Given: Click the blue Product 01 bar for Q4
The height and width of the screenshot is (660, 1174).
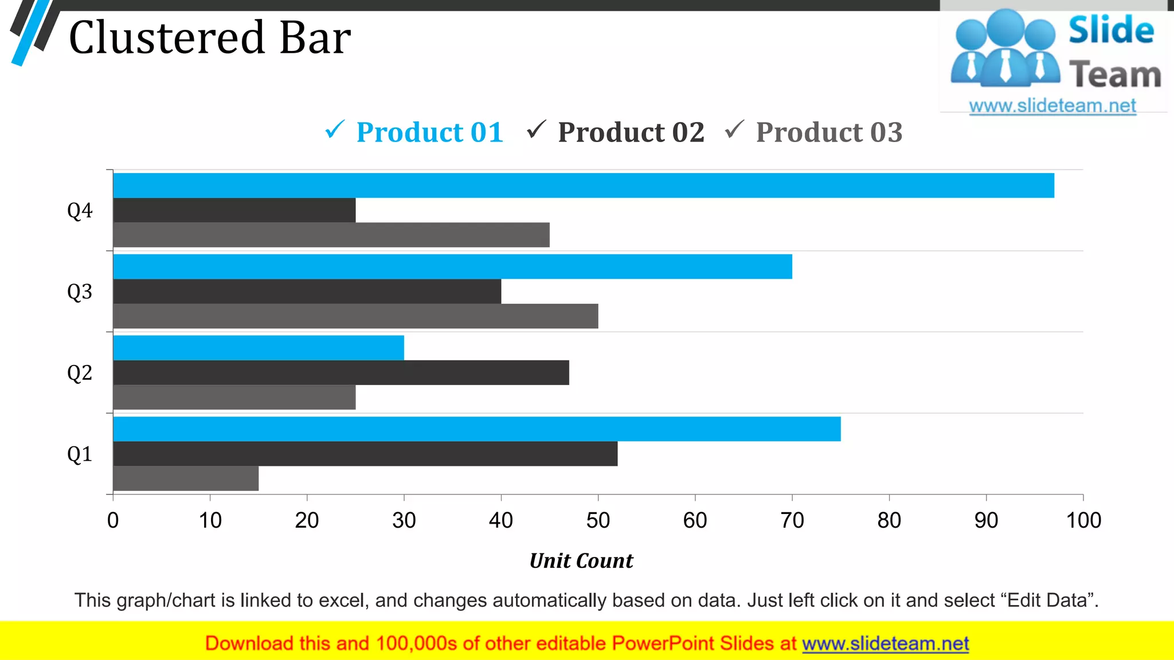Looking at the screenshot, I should (584, 186).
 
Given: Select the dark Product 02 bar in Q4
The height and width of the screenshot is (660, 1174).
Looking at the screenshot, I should (234, 210).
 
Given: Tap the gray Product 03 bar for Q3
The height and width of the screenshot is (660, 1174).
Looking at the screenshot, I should (355, 316).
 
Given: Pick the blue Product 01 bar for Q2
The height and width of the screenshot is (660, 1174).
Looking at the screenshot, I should (259, 348).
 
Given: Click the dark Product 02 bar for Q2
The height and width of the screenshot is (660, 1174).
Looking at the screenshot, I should (341, 372).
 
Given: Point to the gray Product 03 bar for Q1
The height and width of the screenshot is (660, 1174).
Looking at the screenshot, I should (186, 478).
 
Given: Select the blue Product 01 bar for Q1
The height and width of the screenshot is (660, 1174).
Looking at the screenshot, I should (477, 429).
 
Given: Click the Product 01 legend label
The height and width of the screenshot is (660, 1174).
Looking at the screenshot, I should (429, 132).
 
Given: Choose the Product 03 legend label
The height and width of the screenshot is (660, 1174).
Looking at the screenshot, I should (829, 132).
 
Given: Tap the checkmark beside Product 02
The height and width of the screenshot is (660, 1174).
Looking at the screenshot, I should (537, 129).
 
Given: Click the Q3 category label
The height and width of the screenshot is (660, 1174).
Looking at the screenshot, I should (80, 292).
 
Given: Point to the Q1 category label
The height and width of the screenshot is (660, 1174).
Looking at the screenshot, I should (80, 454).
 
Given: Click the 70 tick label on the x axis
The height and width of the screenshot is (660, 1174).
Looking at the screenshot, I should (792, 520).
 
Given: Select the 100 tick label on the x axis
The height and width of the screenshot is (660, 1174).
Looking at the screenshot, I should (1083, 520).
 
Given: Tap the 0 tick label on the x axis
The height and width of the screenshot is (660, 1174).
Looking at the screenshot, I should (113, 520).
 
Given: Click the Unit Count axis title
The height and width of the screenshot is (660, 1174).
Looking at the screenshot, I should (581, 560).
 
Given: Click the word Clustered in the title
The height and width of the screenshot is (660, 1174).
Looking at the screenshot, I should (167, 38).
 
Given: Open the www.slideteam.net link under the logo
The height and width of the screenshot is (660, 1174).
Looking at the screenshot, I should (1052, 106).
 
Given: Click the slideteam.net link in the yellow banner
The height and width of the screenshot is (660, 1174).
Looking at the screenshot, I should (885, 643).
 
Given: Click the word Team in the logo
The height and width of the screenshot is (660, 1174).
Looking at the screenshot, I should (1115, 75).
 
